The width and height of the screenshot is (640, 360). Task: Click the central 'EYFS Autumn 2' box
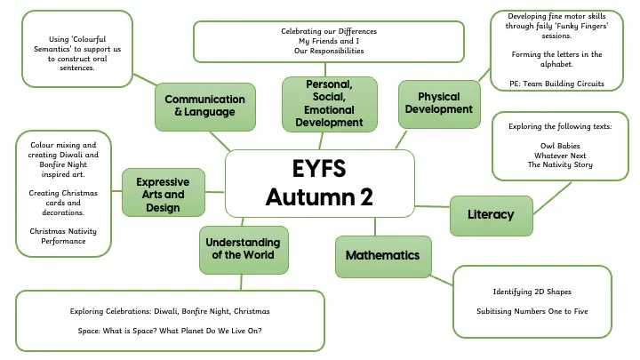320,183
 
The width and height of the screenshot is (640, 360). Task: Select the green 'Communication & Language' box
204,106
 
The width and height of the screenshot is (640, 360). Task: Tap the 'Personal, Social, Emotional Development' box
329,103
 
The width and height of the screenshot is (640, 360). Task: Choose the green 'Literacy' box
492,213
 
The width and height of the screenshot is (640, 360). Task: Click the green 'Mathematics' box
382,255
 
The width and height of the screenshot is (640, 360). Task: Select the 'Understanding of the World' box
243,248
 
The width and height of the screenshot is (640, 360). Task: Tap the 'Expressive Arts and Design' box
162,195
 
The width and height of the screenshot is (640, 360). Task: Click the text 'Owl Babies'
559,145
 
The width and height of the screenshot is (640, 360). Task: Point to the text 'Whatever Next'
559,155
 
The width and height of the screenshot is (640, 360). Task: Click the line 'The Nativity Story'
559,164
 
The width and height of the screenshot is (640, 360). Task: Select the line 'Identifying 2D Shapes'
532,292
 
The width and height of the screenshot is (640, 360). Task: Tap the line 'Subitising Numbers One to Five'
532,311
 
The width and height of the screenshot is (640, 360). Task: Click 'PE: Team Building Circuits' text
548,84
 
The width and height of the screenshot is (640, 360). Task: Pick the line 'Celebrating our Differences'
329,31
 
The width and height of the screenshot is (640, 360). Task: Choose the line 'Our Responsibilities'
329,51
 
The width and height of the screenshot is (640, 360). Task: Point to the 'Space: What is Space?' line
169,331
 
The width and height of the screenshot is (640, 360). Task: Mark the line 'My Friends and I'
329,41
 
